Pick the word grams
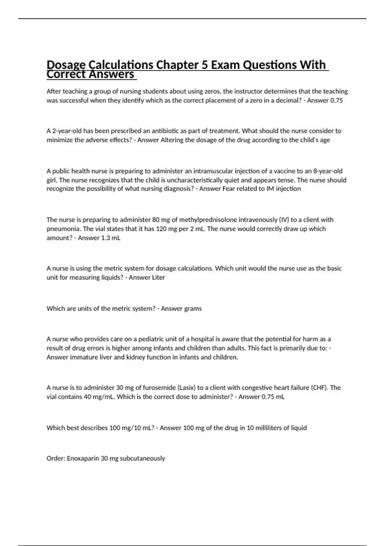[192, 309]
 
